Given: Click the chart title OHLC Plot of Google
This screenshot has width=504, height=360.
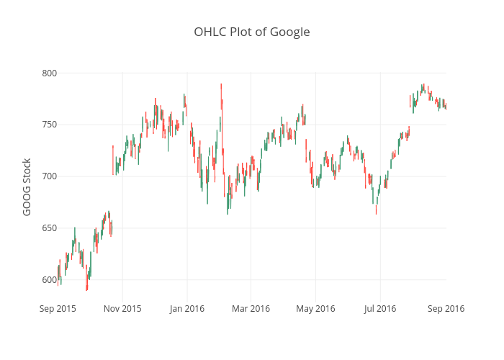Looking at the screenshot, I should tap(252, 32).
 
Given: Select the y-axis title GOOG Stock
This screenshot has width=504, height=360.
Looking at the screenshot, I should tap(27, 186).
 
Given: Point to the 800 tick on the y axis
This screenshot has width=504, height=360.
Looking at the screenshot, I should tap(49, 73).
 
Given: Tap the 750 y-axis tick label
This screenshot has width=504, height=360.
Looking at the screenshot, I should tap(49, 125).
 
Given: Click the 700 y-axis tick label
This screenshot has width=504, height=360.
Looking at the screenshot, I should tap(49, 176).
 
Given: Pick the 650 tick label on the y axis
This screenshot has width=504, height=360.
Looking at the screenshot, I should tap(49, 228).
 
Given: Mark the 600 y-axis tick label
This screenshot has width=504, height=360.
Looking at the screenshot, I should tap(49, 280).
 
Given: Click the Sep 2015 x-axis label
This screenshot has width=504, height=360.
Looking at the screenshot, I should tap(58, 308).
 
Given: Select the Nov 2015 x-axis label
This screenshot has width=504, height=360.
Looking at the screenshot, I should tap(122, 308).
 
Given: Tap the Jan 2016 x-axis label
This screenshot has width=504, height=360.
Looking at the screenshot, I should tap(186, 308).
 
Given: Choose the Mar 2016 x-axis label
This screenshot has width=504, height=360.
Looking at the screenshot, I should tap(251, 308).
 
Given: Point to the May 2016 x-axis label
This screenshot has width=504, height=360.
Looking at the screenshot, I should tap(315, 308).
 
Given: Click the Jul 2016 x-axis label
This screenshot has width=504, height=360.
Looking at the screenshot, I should tap(379, 308).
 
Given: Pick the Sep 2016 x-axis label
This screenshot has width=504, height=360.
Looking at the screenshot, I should tap(445, 308).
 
